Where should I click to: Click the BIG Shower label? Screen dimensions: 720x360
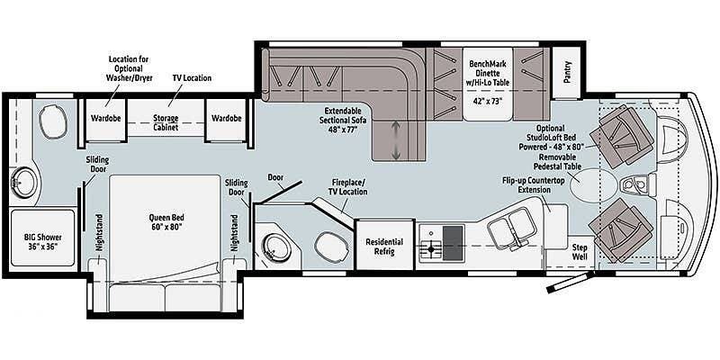[42, 241]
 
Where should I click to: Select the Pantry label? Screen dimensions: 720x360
[568, 72]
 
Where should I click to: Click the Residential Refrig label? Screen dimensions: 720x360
[384, 247]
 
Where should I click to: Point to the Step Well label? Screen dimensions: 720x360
[580, 252]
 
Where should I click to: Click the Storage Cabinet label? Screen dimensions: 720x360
[166, 122]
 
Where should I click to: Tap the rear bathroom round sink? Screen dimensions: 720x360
[23, 183]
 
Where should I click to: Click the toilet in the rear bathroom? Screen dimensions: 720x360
[53, 121]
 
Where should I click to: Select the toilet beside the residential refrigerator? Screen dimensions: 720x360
[331, 245]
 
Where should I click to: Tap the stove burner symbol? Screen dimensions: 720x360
[431, 250]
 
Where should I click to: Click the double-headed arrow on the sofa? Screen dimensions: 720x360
[395, 140]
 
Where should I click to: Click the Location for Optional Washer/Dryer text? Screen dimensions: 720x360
[129, 68]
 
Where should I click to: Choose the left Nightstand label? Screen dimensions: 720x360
[101, 233]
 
